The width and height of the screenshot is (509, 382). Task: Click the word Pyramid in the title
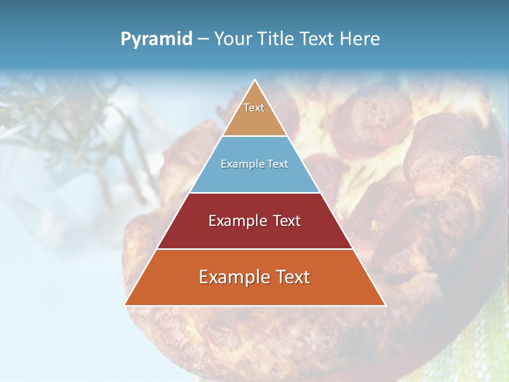click(x=156, y=39)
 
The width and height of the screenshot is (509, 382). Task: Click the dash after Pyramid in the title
click(x=203, y=39)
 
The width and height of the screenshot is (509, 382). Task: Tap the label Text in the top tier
click(x=254, y=108)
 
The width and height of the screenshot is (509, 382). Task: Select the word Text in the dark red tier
click(x=285, y=221)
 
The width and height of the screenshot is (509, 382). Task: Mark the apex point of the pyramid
click(x=255, y=80)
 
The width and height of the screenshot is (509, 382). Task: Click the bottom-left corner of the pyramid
click(x=125, y=305)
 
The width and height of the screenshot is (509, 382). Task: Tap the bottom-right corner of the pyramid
click(x=385, y=305)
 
